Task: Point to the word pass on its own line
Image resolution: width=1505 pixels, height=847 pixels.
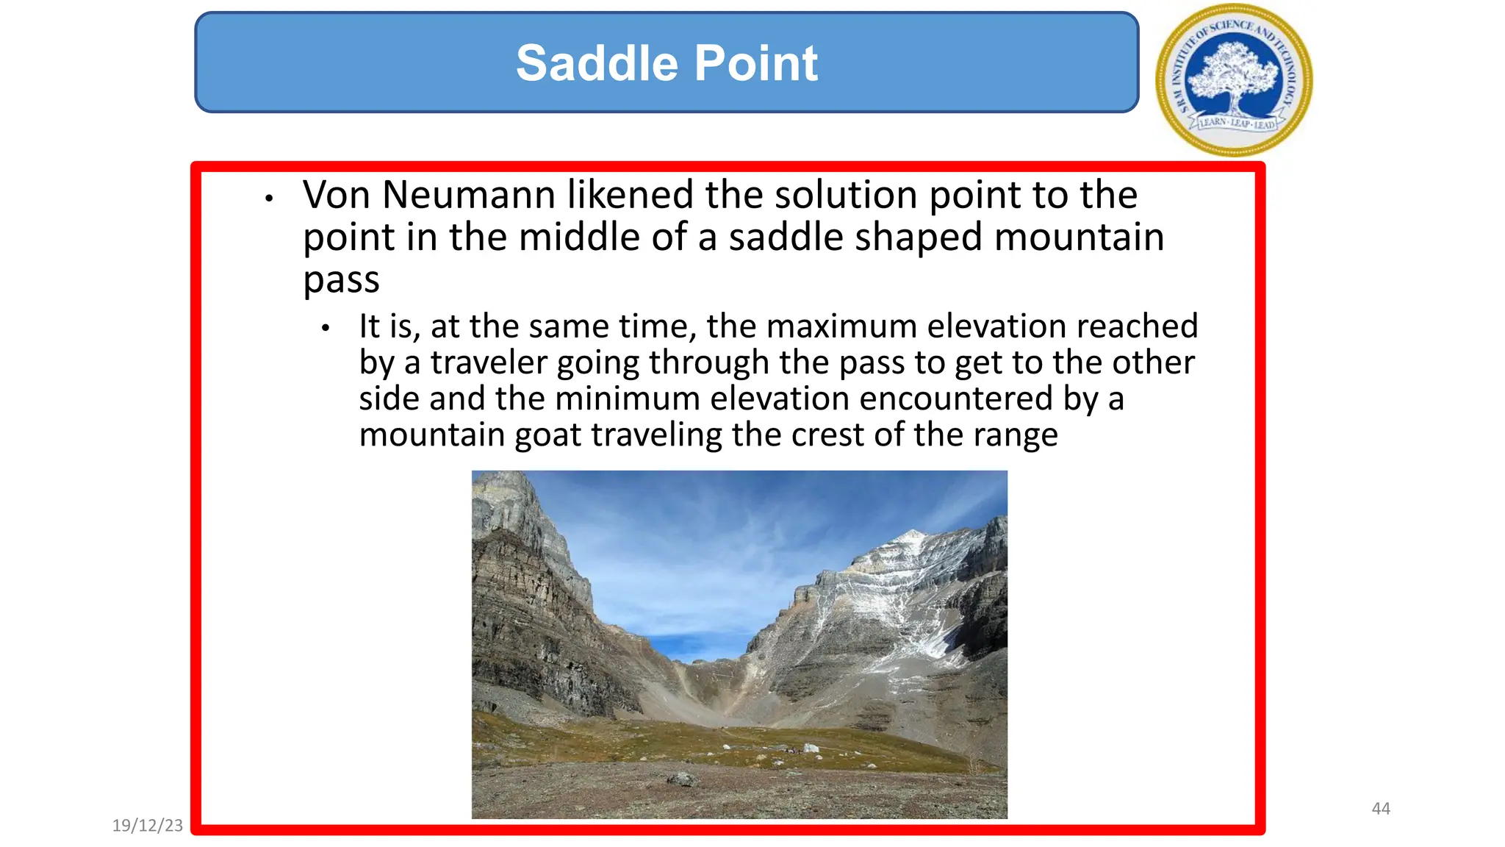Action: point(341,280)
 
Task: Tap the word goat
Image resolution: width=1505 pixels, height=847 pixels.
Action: point(548,435)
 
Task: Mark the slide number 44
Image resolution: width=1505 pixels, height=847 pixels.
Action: point(1381,809)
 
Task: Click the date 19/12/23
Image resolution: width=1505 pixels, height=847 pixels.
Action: point(148,826)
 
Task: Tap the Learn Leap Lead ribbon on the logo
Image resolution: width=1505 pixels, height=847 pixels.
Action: point(1237,124)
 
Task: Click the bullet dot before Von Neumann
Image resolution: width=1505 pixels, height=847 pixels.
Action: point(270,199)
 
